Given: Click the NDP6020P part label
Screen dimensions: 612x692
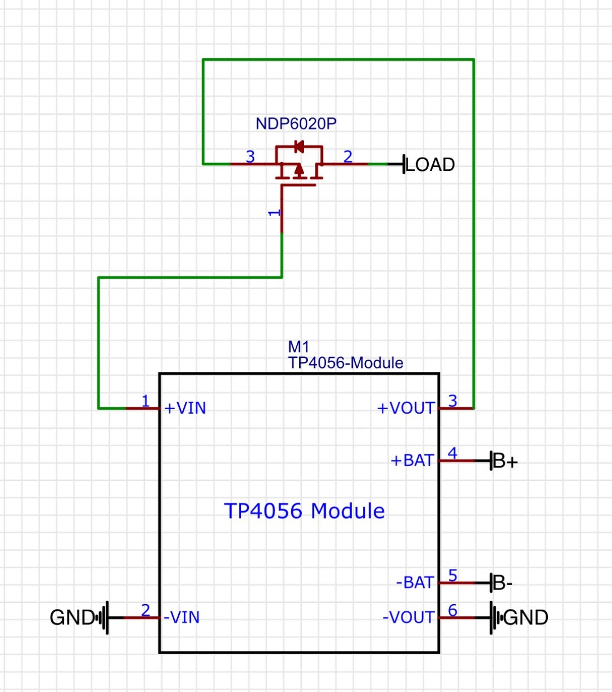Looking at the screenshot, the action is click(x=296, y=124).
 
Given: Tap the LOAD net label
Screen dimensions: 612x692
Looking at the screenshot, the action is click(x=430, y=165).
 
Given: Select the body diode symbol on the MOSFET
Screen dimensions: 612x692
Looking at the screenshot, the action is click(x=300, y=146).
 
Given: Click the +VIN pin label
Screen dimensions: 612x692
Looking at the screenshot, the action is click(x=185, y=408).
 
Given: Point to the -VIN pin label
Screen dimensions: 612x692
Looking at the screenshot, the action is click(x=182, y=617).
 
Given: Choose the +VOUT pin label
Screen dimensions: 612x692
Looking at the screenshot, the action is click(x=406, y=408).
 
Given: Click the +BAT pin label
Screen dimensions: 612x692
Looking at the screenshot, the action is click(x=413, y=460).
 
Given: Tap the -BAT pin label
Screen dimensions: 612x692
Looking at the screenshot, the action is click(x=415, y=582).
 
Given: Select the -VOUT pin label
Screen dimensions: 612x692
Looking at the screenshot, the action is click(x=409, y=617).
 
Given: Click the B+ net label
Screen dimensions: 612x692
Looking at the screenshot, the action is click(x=506, y=461).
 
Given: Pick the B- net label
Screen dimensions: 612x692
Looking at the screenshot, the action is click(x=503, y=583).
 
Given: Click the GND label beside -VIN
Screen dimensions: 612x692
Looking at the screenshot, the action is click(x=72, y=617).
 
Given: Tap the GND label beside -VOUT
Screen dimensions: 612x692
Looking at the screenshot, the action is click(x=526, y=617).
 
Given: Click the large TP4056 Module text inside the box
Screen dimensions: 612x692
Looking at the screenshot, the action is click(x=304, y=511).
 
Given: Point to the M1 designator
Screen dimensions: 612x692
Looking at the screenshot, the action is click(x=298, y=347).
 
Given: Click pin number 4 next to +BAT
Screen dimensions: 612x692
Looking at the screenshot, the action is click(x=452, y=453).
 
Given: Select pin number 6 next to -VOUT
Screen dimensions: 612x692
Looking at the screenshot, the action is click(x=452, y=610).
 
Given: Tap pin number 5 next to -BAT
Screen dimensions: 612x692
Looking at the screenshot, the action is click(x=452, y=575).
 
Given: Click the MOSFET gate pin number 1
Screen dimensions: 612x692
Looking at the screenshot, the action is click(x=275, y=213).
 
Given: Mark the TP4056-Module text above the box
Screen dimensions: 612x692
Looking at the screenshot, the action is click(x=345, y=363).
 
